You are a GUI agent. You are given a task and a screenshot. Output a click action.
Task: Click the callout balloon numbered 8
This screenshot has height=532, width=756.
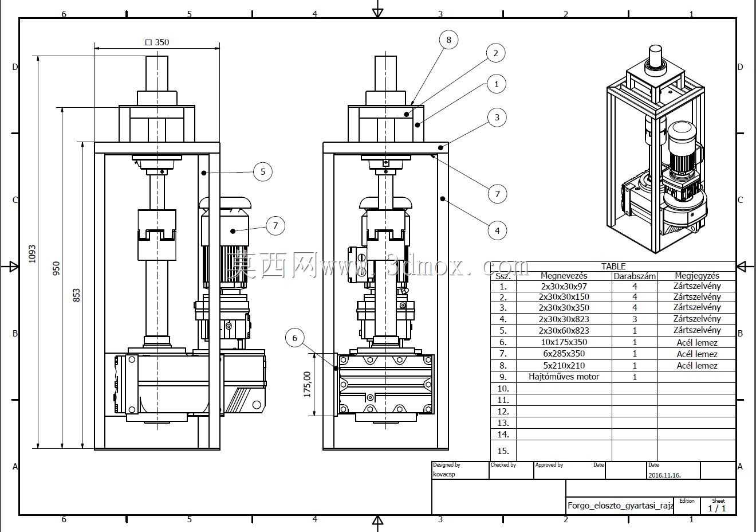click(x=448, y=40)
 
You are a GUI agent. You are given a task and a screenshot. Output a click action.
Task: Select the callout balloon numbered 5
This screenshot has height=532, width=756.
click(x=262, y=171)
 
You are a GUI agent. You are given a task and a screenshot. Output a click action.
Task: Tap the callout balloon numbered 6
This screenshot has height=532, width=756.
click(x=294, y=338)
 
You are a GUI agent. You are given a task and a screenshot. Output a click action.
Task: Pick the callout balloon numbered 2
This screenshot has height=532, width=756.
click(x=495, y=53)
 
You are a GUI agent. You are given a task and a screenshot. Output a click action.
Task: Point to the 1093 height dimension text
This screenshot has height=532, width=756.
click(x=32, y=254)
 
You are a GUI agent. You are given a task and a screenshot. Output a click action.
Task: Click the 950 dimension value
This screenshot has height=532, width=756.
click(x=56, y=268)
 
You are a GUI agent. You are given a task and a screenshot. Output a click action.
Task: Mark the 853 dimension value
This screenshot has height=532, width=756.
click(x=77, y=295)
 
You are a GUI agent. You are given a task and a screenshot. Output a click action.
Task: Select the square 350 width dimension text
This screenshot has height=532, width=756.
click(x=157, y=42)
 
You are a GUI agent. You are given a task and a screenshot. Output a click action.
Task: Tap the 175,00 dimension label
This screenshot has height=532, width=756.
click(x=307, y=385)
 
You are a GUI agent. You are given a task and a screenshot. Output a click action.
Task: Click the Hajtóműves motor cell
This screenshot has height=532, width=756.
click(x=564, y=377)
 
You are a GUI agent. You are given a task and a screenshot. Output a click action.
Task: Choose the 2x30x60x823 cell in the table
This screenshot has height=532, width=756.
click(x=564, y=330)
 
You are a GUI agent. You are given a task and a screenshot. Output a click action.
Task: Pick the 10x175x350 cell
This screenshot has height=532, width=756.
click(x=564, y=342)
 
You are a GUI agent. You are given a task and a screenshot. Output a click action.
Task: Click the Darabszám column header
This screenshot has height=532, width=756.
click(x=635, y=276)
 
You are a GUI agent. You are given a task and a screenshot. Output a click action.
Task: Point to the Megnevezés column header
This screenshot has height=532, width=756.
click(x=564, y=276)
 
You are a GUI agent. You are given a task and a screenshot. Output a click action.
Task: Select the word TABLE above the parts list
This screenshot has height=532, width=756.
click(x=613, y=267)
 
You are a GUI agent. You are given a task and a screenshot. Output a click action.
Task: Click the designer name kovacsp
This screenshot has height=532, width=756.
click(x=444, y=474)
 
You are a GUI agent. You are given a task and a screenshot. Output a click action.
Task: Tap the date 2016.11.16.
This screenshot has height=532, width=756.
click(x=664, y=475)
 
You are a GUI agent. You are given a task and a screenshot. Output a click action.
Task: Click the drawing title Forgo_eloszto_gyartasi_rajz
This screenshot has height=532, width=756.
click(x=620, y=506)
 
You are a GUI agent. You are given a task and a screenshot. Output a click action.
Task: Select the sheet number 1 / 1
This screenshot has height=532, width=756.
click(x=717, y=508)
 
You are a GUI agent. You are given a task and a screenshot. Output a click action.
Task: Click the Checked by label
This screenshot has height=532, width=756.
click(x=503, y=465)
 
